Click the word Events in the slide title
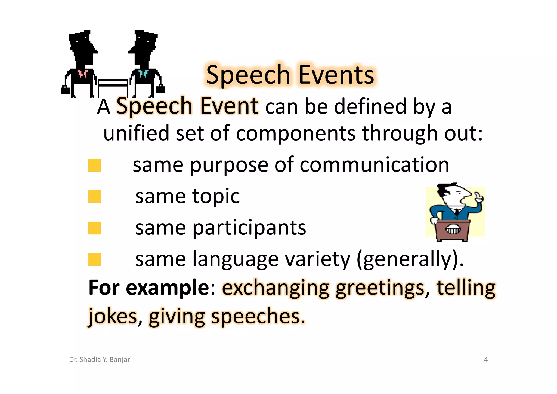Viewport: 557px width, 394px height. point(336,75)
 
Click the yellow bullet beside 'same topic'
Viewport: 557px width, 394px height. point(94,197)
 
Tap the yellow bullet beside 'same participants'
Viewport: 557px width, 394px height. point(94,228)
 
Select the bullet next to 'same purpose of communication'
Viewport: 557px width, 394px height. point(94,165)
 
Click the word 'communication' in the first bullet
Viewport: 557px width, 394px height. point(374,165)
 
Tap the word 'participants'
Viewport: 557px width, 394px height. point(249,228)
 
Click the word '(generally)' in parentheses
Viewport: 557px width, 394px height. point(410,259)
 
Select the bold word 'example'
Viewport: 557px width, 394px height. point(168,288)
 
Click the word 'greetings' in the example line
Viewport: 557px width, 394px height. point(380,288)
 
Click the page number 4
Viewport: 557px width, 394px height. point(486,359)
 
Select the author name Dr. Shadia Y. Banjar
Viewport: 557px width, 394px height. point(100,359)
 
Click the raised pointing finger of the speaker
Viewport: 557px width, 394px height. point(478,197)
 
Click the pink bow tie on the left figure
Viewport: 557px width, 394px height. point(82,73)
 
